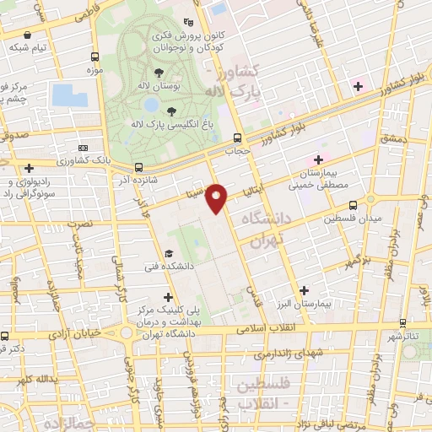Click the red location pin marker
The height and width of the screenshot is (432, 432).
(x=217, y=198)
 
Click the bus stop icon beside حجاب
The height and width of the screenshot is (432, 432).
(x=238, y=138)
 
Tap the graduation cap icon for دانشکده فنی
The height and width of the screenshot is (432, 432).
(x=169, y=254)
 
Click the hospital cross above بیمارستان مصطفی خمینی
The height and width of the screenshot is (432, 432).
(x=318, y=159)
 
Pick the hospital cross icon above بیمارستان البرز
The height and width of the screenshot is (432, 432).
(x=303, y=290)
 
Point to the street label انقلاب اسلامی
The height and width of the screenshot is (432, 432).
(x=262, y=327)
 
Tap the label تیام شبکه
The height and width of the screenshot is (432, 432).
(x=30, y=48)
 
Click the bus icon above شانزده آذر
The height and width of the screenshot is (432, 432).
(x=138, y=167)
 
